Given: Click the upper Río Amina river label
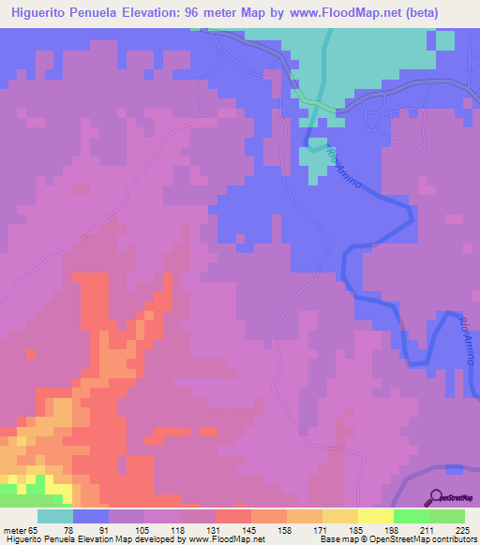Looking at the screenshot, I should coord(343,165).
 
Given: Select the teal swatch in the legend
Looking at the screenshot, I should coord(54,516).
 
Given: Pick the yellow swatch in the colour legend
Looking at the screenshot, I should coord(376,516).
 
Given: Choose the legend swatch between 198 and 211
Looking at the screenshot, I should coord(412,516).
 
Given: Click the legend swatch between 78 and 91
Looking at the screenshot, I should coord(91,516).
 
